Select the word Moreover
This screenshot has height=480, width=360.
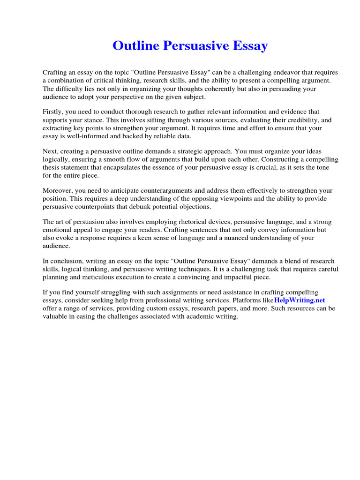(x=58, y=191)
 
